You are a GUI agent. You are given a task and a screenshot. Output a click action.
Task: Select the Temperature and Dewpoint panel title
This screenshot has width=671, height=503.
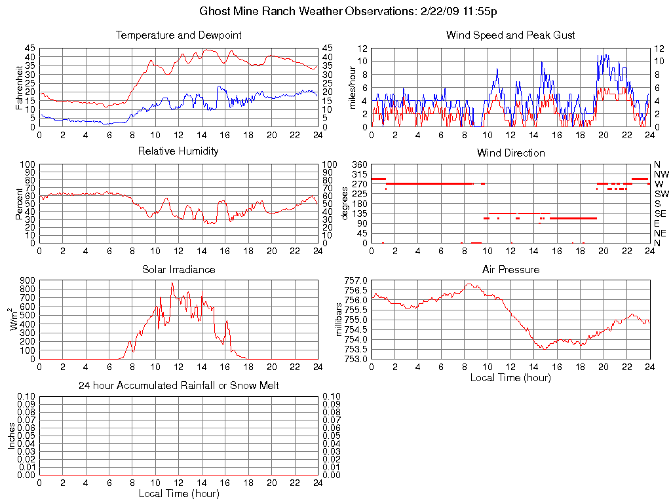point(178,35)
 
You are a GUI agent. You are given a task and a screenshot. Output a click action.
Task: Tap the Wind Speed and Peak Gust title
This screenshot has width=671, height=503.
point(510,35)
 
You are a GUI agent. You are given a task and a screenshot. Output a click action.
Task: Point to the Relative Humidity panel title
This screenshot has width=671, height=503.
point(178,151)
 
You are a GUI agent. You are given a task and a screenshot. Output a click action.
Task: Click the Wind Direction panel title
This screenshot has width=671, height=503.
point(510,153)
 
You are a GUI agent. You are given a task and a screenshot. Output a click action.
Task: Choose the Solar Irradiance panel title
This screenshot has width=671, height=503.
point(178,269)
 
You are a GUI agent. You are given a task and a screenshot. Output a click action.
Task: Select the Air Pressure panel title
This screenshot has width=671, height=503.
point(510,269)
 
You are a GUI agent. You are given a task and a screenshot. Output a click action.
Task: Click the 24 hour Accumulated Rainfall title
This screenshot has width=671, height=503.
point(178,386)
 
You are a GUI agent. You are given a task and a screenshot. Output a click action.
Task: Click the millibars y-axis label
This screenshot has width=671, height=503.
point(339,320)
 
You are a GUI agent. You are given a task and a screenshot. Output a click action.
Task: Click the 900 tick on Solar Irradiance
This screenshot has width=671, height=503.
point(27,280)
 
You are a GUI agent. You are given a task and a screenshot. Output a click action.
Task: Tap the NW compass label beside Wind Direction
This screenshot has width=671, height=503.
point(661,174)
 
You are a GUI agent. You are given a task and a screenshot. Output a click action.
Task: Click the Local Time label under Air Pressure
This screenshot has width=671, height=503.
point(510,377)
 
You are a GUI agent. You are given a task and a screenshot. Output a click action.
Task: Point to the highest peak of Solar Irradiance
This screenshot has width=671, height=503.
point(172,283)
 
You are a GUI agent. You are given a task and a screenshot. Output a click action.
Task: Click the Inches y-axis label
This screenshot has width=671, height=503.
point(11,436)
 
